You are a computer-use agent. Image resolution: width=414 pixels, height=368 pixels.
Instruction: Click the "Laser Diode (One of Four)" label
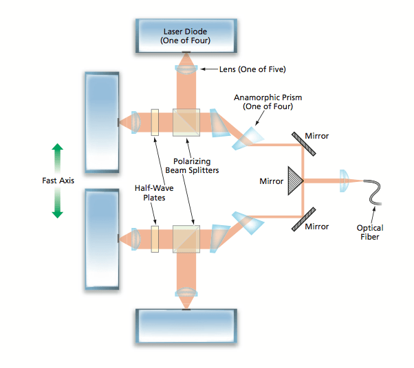coord(186,36)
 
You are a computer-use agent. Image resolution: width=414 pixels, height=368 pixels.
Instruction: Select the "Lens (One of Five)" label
coord(252,69)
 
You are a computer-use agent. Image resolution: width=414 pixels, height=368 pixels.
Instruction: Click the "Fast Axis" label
coord(57,181)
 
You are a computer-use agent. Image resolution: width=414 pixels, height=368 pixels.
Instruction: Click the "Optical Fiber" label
coord(370,232)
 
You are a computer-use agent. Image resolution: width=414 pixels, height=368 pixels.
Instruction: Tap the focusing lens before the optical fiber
coord(343,181)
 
